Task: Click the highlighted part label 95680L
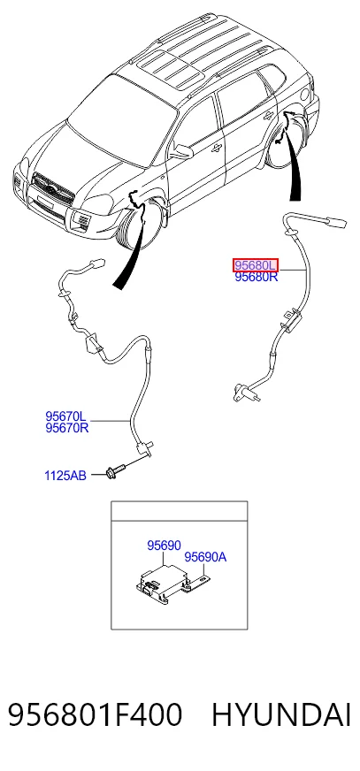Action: tap(256, 265)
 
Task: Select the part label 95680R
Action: tap(256, 277)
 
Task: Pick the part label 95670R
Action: tap(67, 428)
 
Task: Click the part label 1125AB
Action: tap(65, 476)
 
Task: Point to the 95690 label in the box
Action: tap(164, 546)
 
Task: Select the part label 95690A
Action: tap(205, 558)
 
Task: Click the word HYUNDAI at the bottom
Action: tap(281, 715)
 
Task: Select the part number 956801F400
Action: tap(95, 715)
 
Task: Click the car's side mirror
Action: tap(181, 151)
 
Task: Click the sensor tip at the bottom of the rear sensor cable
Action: tap(243, 392)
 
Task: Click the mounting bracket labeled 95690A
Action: tap(198, 585)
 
